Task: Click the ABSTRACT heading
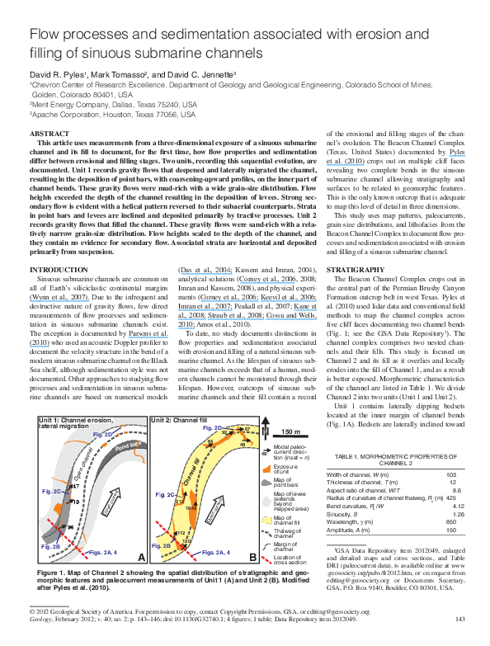(x=47, y=133)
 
